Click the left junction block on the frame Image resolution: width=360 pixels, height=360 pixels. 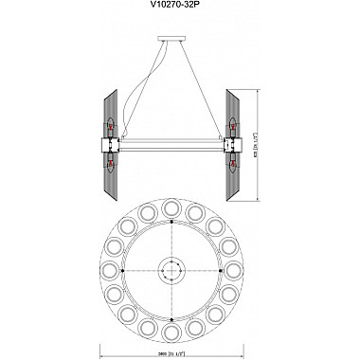pos(108,145)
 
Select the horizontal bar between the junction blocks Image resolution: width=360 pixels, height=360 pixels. pos(171,145)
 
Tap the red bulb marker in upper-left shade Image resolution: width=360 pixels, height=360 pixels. pos(110,123)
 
